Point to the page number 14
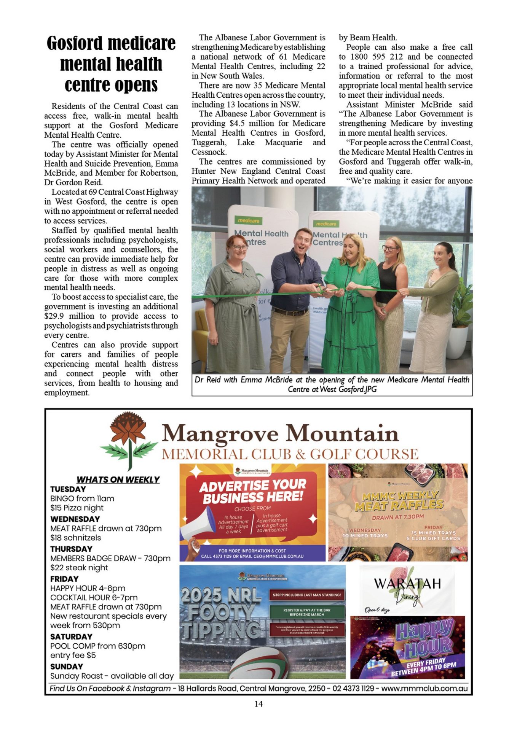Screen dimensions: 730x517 click(258, 704)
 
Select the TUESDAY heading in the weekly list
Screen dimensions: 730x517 click(68, 489)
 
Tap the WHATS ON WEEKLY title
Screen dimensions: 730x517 click(118, 480)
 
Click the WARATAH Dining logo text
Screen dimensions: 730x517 click(407, 584)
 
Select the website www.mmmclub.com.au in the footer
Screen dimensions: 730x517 click(424, 689)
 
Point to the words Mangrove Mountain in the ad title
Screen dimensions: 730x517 click(280, 434)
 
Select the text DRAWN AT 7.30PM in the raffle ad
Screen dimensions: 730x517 click(398, 517)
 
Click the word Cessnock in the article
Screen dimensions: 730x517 click(209, 152)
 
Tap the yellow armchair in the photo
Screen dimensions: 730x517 click(202, 338)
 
